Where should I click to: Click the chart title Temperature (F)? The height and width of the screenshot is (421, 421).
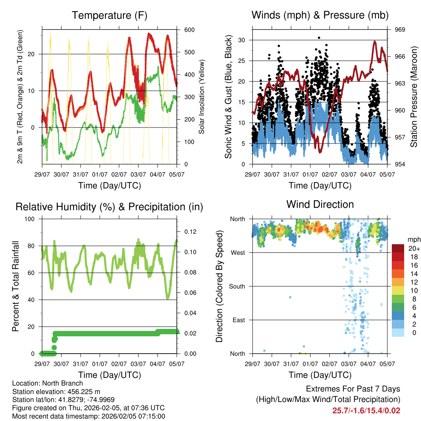[109, 16]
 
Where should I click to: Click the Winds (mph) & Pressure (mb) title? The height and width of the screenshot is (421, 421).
[320, 16]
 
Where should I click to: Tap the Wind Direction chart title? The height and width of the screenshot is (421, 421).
[320, 204]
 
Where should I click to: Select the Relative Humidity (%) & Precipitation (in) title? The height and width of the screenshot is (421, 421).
[109, 207]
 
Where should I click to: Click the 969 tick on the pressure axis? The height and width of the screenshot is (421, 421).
[400, 30]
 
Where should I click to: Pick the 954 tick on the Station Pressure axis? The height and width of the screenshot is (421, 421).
[400, 164]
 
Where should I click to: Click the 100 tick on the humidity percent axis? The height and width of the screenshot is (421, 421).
[33, 219]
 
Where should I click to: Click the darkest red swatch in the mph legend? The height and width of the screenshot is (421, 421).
[398, 248]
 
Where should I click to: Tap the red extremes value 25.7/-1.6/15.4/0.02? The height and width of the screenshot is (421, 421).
[366, 410]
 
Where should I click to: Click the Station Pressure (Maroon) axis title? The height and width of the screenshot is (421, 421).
[414, 97]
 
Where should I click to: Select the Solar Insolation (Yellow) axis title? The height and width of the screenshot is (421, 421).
[201, 97]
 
